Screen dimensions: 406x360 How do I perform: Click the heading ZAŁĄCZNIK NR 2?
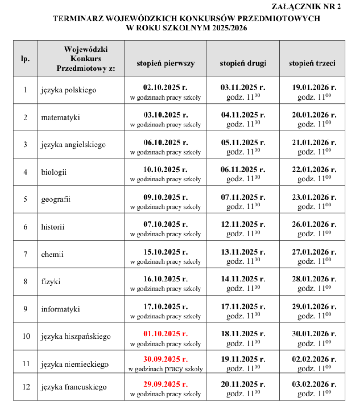[x=305, y=6]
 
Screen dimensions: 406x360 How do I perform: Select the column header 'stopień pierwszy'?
[x=165, y=64]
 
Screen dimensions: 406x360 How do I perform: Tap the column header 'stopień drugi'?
[x=243, y=64]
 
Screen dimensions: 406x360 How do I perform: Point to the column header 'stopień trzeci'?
[x=312, y=64]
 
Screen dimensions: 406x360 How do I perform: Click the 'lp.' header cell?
[x=25, y=59]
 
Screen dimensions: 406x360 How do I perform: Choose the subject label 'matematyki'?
[x=60, y=117]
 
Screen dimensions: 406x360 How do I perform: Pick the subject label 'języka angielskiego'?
[x=73, y=145]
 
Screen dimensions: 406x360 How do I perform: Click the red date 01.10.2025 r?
[x=165, y=334]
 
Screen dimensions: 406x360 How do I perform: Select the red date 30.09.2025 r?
[x=165, y=359]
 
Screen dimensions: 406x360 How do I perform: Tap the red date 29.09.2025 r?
[x=165, y=384]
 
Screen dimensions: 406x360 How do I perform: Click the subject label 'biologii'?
[x=54, y=172]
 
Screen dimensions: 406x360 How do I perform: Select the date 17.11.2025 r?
[x=243, y=306]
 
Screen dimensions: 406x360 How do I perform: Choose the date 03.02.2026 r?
[x=314, y=384]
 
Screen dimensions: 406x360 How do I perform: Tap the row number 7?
[x=25, y=254]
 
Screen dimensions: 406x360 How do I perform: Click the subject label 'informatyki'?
[x=60, y=309]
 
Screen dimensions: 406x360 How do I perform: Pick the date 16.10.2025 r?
[x=165, y=279]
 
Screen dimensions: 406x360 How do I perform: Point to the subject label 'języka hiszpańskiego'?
[x=76, y=336]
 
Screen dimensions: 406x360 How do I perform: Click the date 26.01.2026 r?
[x=314, y=224]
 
